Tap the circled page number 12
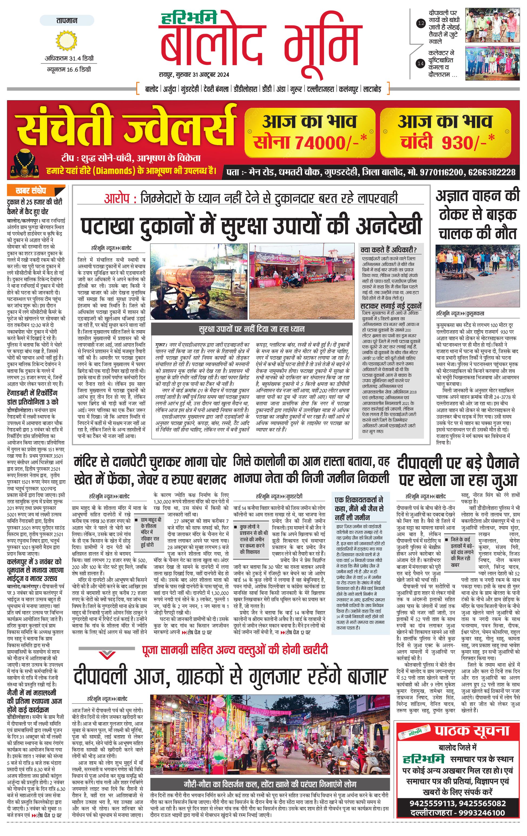[x=421, y=24]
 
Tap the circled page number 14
[x=421, y=64]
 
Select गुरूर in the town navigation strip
[x=296, y=89]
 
